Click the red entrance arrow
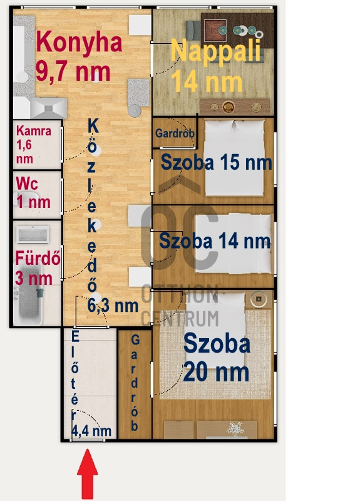tap(87, 474)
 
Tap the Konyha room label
tap(80, 42)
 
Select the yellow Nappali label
tap(216, 50)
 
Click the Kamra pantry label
tap(34, 131)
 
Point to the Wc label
tap(27, 183)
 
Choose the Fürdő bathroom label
tap(38, 258)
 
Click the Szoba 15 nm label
tap(216, 162)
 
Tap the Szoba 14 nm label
tap(215, 240)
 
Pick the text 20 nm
tap(216, 372)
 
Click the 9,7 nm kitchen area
tap(73, 72)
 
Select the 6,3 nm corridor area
tap(113, 306)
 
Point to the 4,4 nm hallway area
tap(91, 431)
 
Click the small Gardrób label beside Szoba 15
tap(175, 133)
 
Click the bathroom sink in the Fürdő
tap(33, 235)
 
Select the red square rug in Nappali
tap(215, 31)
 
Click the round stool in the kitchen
tap(135, 111)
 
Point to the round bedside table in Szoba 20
tap(259, 299)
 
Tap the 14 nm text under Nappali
tap(207, 82)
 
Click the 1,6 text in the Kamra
tap(24, 145)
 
